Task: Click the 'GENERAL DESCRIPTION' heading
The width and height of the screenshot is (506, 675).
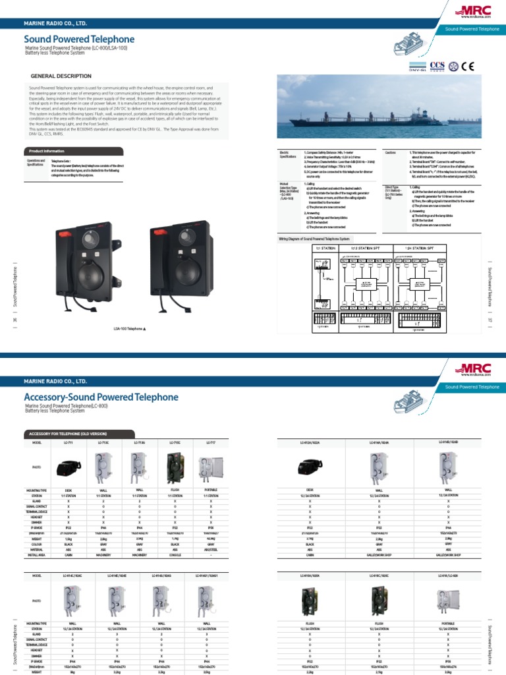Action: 61,76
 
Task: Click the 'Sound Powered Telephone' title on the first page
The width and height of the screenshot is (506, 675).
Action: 79,40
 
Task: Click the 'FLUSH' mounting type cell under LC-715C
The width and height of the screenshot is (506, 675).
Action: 175,491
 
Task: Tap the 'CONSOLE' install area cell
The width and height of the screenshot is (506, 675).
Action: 175,555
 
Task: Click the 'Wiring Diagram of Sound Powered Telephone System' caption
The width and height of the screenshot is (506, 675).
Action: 315,237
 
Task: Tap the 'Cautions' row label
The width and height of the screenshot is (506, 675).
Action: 391,152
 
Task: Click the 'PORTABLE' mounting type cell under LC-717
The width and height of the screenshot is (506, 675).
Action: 211,491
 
